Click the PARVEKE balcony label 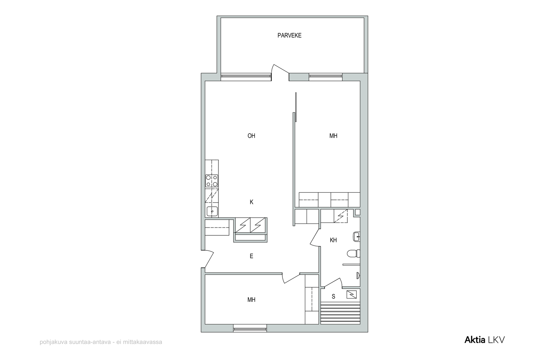coord(289,35)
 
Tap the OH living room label coord(251,136)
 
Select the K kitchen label coord(252,202)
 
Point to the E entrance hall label coord(251,256)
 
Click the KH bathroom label coord(333,240)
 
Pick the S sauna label coord(333,296)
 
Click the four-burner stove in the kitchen coord(212,181)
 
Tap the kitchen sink coord(212,211)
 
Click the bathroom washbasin coord(357,236)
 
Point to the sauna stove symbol coord(351,294)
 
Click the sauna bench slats coord(340,313)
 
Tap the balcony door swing coord(280,72)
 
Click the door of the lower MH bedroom coord(291,278)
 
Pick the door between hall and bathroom coord(315,237)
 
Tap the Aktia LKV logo coord(484,340)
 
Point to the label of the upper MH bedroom coord(333,136)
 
